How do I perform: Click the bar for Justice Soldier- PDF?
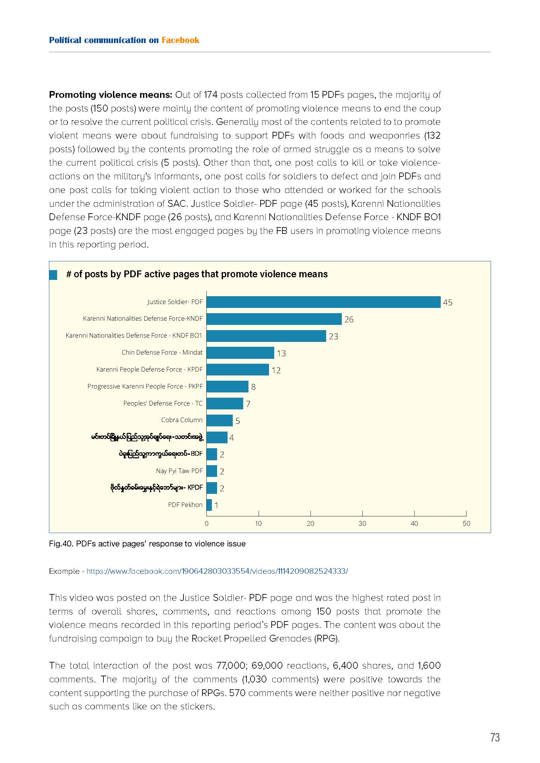coord(324,302)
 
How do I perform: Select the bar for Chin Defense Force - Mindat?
coord(240,353)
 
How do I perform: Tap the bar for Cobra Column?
coord(220,420)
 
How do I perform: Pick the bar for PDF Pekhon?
coord(209,505)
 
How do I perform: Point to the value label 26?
coord(349,319)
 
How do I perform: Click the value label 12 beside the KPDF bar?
coord(276,370)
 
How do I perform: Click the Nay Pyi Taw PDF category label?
coord(179,471)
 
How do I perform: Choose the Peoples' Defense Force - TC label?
coord(163,404)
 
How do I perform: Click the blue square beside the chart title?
coord(53,275)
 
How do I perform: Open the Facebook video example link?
coord(217,571)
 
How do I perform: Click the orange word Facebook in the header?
coord(181,40)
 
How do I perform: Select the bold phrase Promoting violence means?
coord(110,95)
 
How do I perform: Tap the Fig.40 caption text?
coord(147,544)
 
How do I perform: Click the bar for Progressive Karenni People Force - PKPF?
coord(228,387)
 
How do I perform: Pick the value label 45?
coord(448,302)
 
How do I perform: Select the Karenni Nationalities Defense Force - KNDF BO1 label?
coord(134,336)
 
